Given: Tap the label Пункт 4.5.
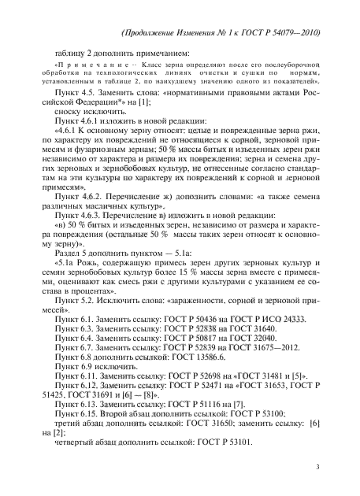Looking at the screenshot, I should point(73,93).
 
